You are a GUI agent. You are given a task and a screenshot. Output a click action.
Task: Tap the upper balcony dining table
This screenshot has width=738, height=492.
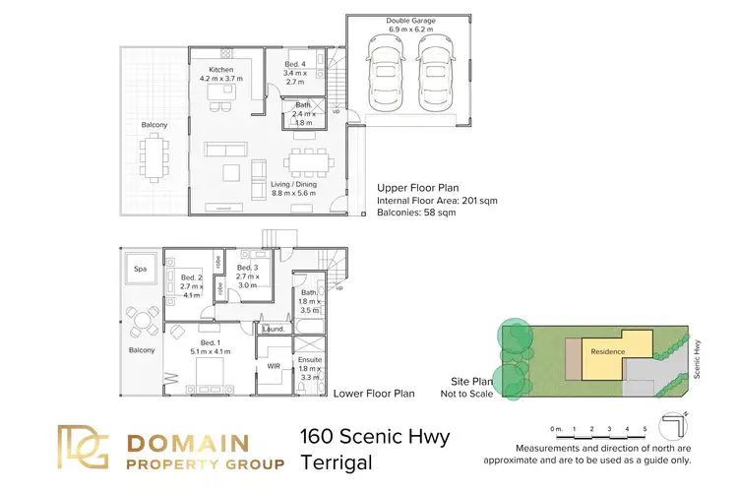point(154,157)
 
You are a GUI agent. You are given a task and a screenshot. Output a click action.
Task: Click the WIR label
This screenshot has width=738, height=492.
point(275,366)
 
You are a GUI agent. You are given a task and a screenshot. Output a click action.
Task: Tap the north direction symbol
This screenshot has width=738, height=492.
point(676,424)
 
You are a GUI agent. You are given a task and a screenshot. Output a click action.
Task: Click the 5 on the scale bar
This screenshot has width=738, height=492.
point(644,430)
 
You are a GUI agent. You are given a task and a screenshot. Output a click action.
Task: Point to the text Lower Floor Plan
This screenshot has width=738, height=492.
point(373,394)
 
